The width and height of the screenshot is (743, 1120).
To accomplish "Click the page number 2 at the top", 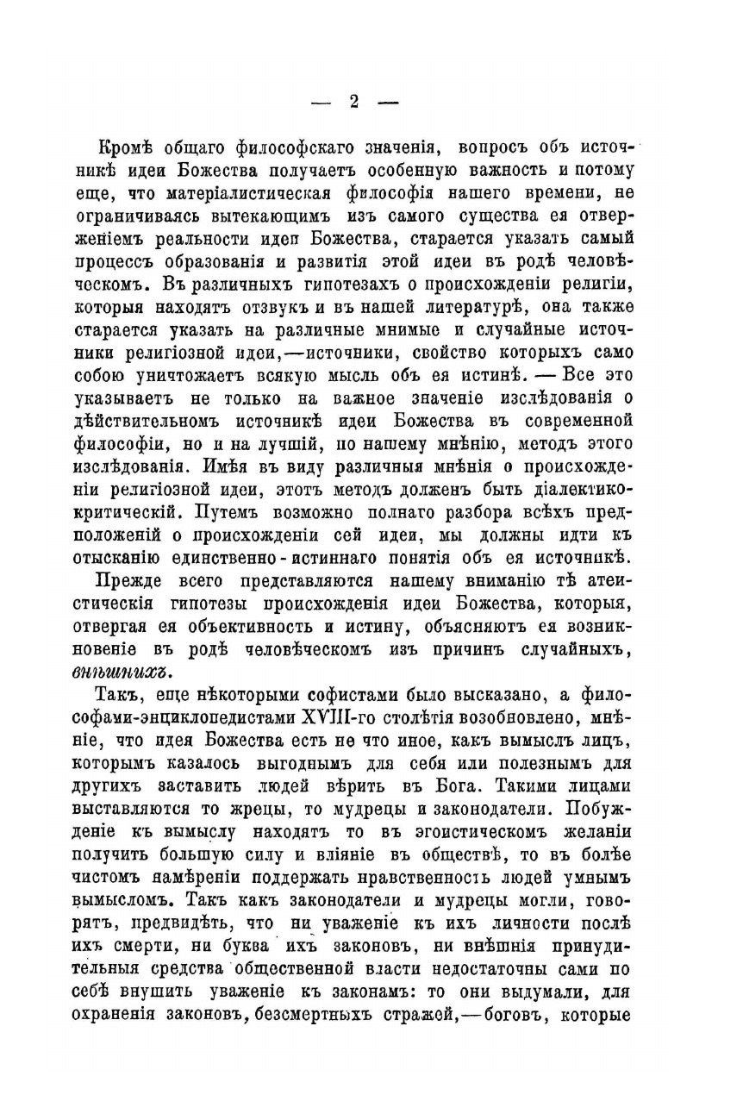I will [x=353, y=101].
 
